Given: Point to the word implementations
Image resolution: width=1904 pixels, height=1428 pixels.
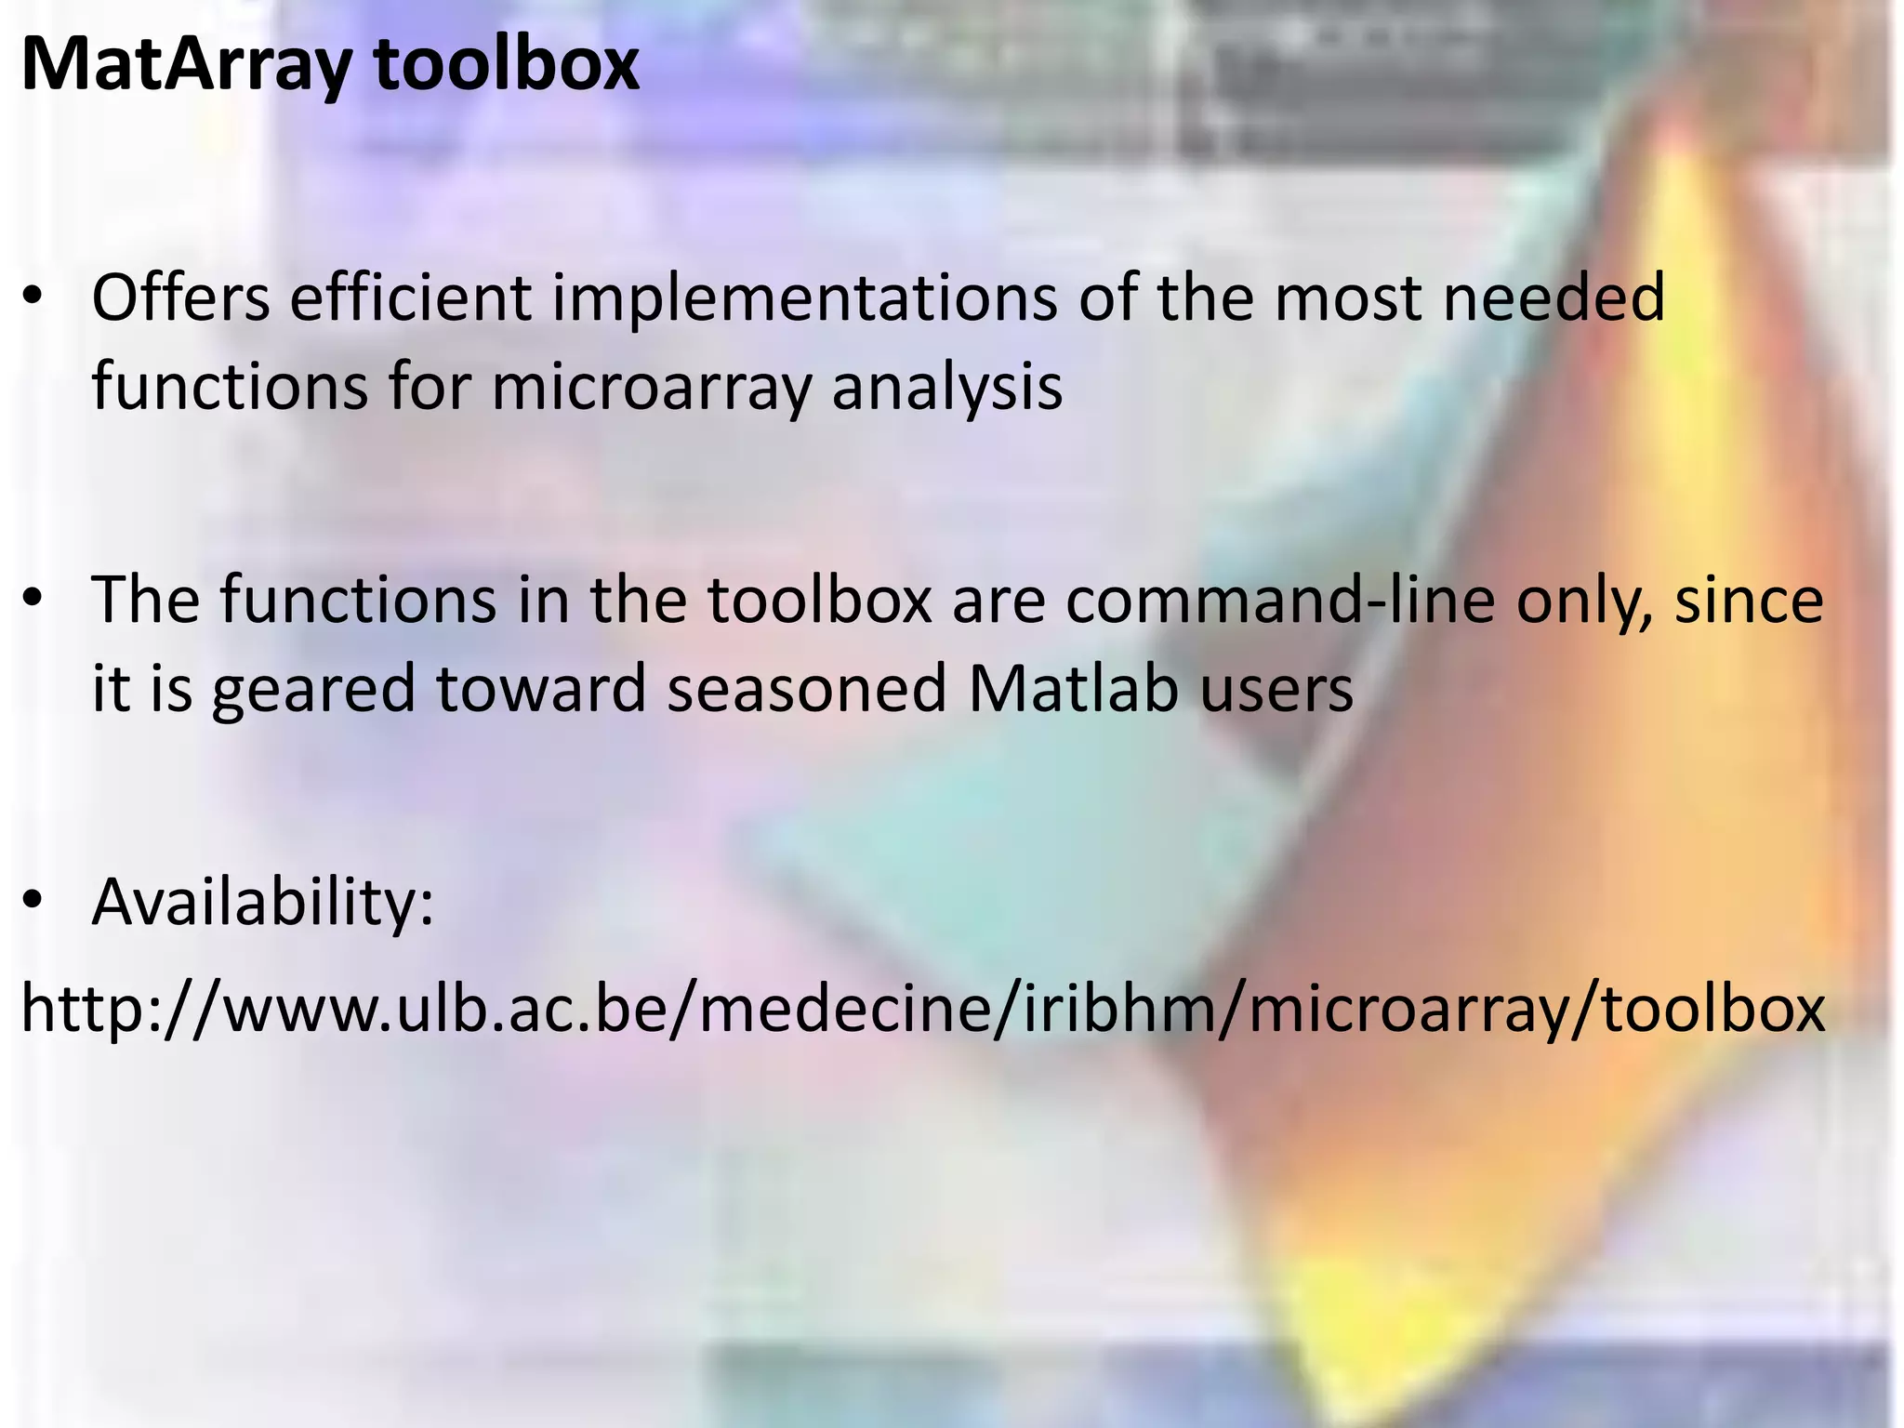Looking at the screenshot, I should pos(805,299).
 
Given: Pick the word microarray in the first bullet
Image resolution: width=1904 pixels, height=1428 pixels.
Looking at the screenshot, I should pos(651,389).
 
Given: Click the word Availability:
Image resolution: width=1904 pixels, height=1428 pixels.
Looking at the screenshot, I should pos(263,902).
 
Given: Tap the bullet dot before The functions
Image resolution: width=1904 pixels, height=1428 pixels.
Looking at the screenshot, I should pos(33,601).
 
